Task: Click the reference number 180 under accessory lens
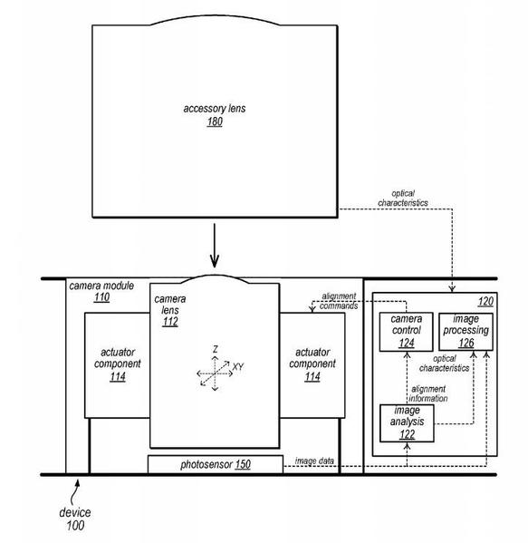(215, 121)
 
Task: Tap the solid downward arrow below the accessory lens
(215, 246)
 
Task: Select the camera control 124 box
(407, 332)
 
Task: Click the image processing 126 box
(466, 332)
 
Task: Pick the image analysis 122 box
(407, 423)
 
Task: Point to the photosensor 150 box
(216, 464)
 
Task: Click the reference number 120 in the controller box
(485, 302)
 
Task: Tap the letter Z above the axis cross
(216, 349)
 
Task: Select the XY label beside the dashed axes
(238, 367)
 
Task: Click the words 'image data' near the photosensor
(314, 461)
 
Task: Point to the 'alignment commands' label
(339, 301)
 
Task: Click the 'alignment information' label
(428, 393)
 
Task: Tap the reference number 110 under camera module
(101, 297)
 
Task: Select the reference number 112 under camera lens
(170, 322)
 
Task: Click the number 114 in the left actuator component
(118, 377)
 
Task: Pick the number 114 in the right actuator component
(312, 377)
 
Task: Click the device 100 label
(75, 519)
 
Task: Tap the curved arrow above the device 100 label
(74, 492)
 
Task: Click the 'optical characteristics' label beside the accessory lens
(403, 199)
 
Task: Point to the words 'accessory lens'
(215, 109)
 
